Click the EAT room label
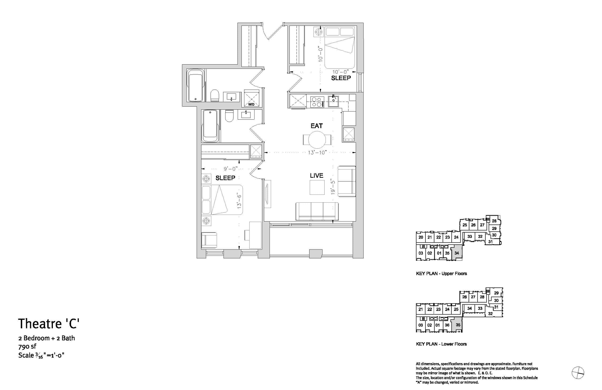coord(316,126)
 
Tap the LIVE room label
coord(316,175)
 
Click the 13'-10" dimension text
coord(318,152)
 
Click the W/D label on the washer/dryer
coord(251,104)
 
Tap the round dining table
coord(317,139)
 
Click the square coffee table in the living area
coord(317,187)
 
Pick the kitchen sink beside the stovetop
coord(333,101)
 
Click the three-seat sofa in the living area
coord(317,211)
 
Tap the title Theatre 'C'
coord(49,324)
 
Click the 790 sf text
coord(27,346)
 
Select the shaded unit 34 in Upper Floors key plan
coord(457,252)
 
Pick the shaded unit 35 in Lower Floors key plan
coord(458,325)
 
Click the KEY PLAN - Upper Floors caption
coord(441,273)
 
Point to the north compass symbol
coord(578,373)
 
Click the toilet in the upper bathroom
coord(215,95)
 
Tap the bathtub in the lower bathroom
coord(210,126)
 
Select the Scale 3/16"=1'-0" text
coord(41,355)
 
